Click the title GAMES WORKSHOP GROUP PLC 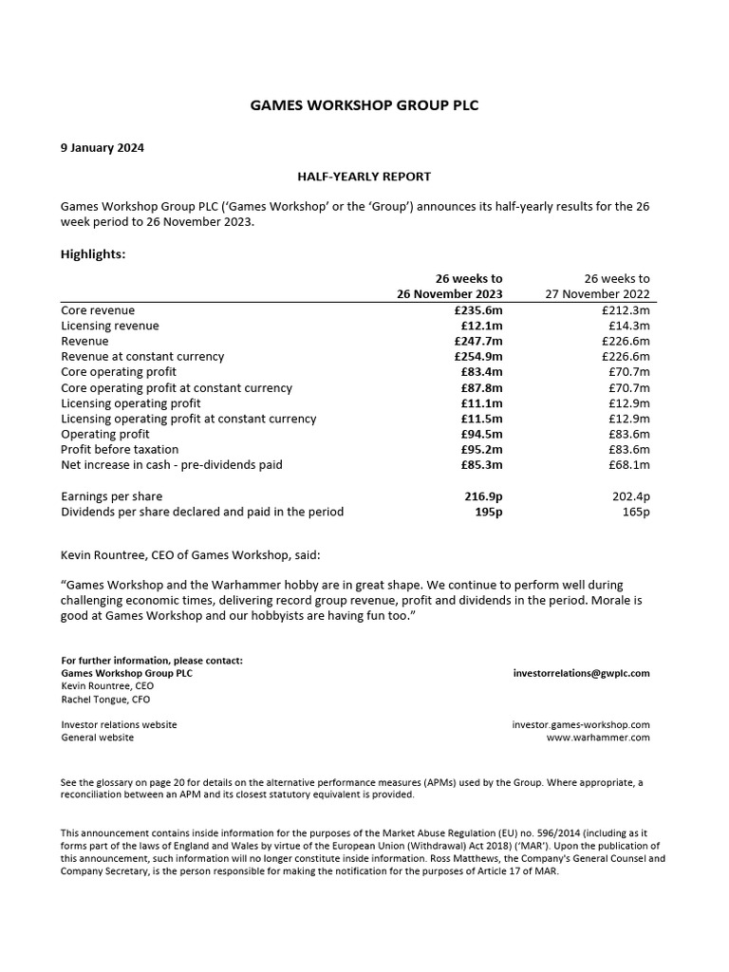pyautogui.click(x=364, y=105)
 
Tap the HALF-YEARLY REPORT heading pyautogui.click(x=365, y=177)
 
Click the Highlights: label pyautogui.click(x=93, y=254)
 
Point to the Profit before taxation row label pyautogui.click(x=120, y=450)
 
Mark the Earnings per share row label pyautogui.click(x=111, y=496)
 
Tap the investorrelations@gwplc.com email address pyautogui.click(x=581, y=673)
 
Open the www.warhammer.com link pyautogui.click(x=598, y=738)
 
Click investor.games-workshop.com pyautogui.click(x=581, y=724)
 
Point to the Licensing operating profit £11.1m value pyautogui.click(x=481, y=403)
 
